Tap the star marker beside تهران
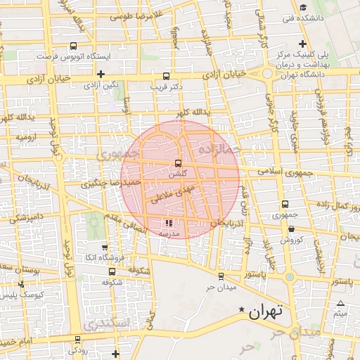click(242, 310)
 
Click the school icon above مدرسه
click(167, 223)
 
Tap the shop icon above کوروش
click(291, 229)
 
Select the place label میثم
click(340, 314)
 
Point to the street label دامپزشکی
click(24, 218)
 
